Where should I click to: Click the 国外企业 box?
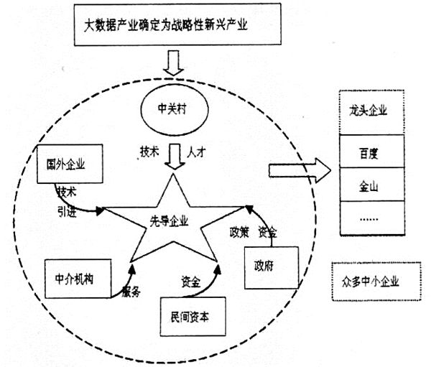click(70, 164)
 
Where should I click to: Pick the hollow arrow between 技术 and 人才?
click(173, 156)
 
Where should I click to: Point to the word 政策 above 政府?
click(239, 232)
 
